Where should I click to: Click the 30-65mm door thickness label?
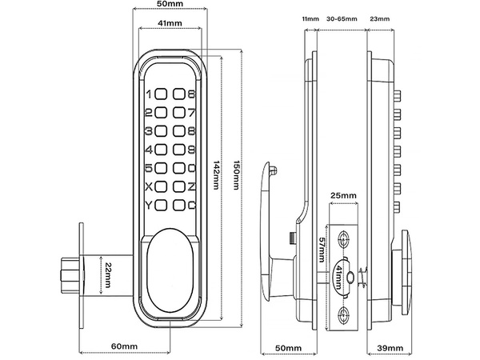point(342,16)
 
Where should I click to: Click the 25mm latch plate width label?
point(342,195)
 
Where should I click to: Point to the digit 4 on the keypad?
point(147,150)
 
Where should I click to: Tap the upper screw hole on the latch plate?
point(344,239)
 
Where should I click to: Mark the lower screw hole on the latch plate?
point(344,313)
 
